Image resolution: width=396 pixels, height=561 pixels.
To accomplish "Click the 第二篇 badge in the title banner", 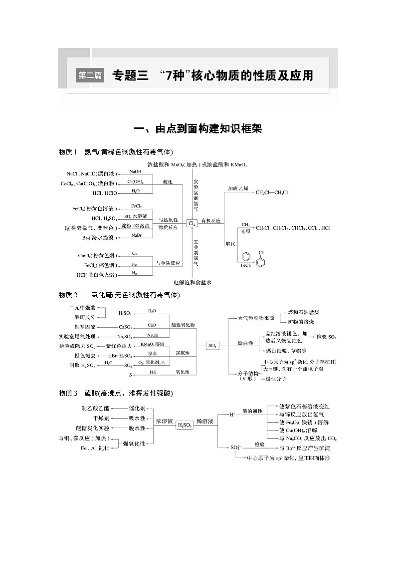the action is click(x=90, y=75).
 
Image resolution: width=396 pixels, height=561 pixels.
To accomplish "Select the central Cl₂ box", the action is click(x=192, y=224).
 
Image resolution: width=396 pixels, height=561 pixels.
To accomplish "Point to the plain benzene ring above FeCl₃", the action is click(x=245, y=257).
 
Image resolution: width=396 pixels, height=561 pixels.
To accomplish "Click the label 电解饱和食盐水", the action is click(x=193, y=283).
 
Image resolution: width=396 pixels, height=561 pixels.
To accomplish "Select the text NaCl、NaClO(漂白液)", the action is click(x=91, y=174).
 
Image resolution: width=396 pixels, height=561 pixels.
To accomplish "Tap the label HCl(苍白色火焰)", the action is click(x=97, y=275).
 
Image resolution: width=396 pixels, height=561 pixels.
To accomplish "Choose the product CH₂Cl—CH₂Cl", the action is click(x=272, y=192).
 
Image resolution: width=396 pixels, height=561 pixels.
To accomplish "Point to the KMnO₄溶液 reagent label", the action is click(x=152, y=344).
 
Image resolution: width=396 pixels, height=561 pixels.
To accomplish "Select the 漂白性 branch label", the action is click(x=245, y=343).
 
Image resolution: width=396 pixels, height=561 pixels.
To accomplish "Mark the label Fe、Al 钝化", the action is click(x=95, y=448).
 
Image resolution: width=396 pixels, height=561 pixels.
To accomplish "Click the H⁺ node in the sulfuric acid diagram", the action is click(x=232, y=414).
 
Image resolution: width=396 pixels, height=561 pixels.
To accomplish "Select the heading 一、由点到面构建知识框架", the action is click(x=198, y=129).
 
